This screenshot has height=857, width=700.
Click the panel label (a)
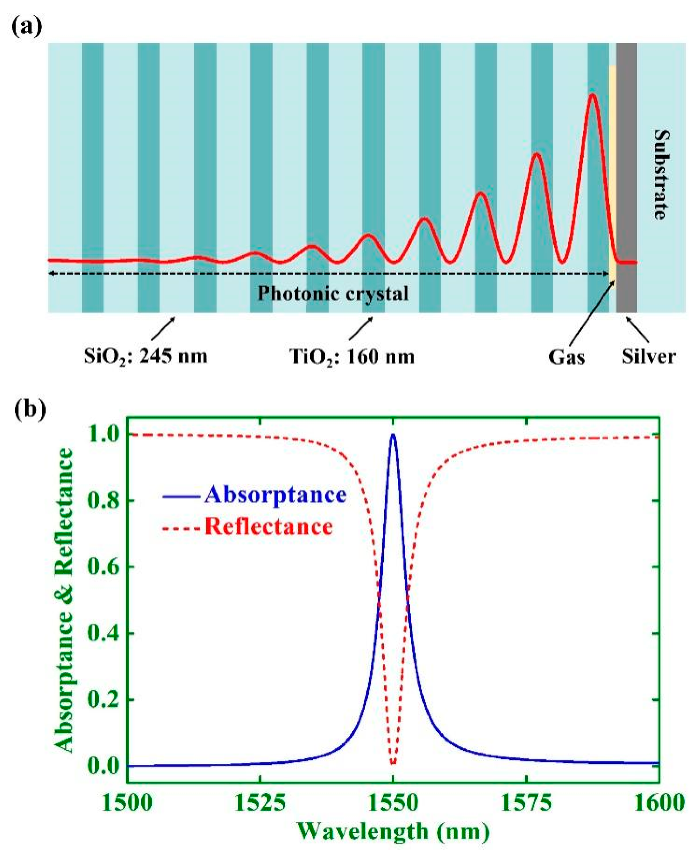(x=27, y=27)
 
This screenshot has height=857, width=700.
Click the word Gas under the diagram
(x=566, y=357)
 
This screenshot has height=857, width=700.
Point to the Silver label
(x=648, y=356)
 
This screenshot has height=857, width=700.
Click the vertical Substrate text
(x=661, y=174)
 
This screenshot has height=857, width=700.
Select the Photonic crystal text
(x=333, y=294)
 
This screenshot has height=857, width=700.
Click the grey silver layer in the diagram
(x=627, y=177)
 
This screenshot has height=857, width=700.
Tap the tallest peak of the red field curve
(x=592, y=95)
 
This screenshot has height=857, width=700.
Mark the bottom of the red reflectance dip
(x=393, y=763)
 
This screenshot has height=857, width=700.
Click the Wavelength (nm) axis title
(x=393, y=832)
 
